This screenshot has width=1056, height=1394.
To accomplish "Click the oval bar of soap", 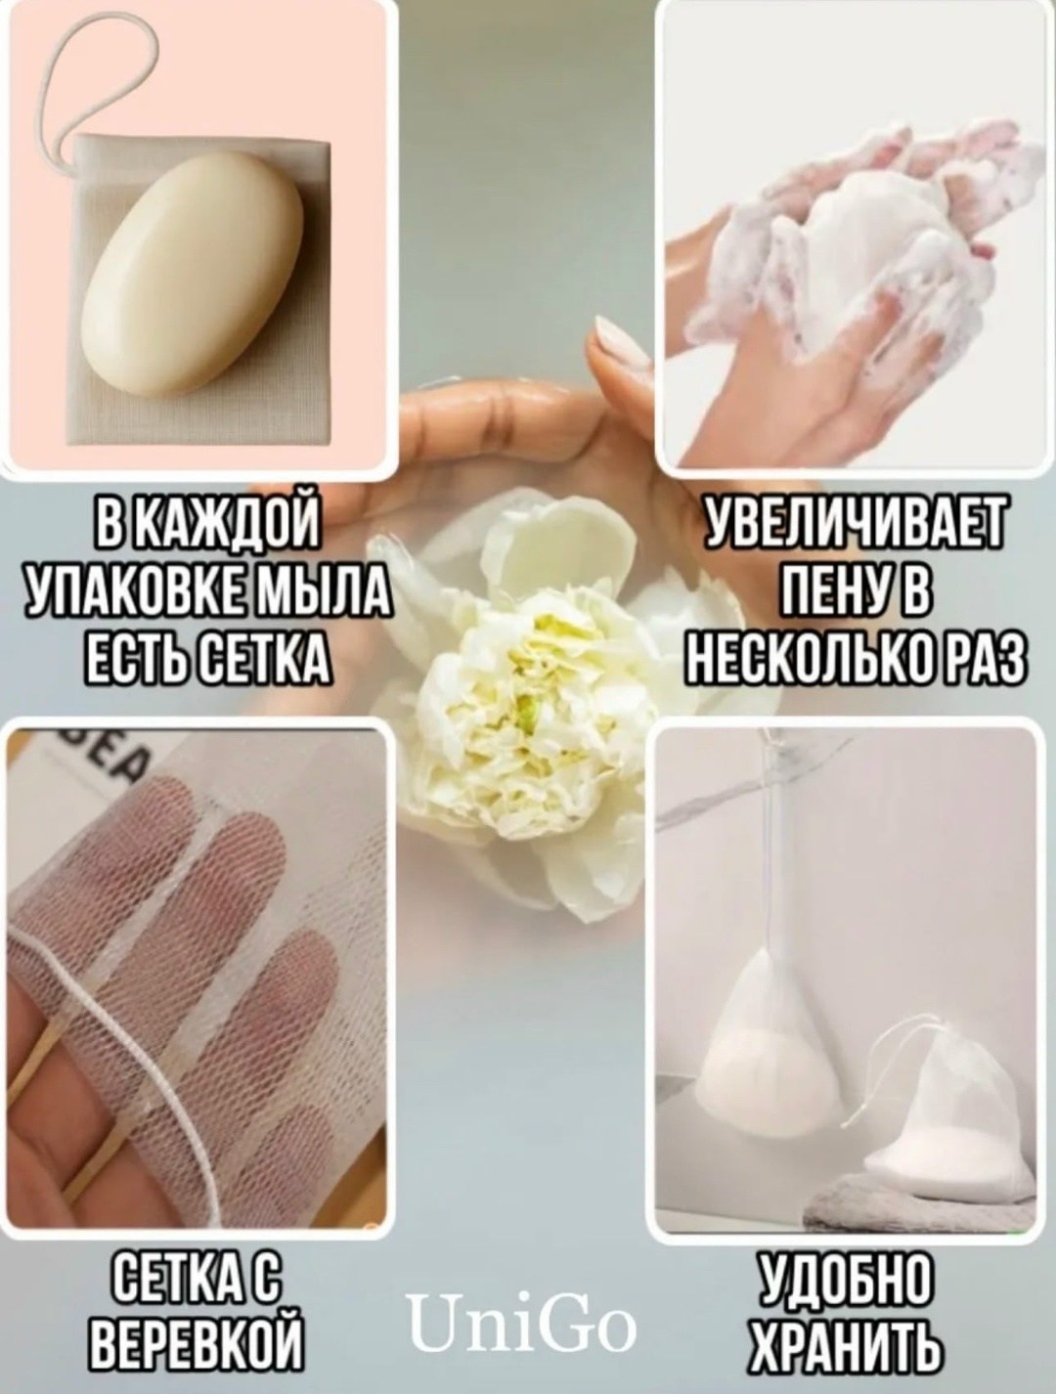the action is tap(193, 275).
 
